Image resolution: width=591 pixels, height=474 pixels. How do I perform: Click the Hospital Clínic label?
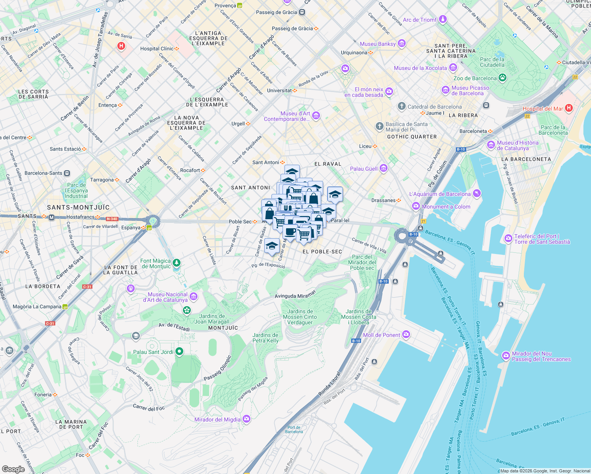[157, 49]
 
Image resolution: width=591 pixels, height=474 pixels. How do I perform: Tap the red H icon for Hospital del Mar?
[568, 108]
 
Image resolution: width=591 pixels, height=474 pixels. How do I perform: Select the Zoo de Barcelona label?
[475, 78]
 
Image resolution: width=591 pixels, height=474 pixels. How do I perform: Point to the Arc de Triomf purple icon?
[443, 19]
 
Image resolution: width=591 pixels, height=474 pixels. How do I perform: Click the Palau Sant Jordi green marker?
[179, 351]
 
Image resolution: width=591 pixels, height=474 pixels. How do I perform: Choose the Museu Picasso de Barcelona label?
[470, 90]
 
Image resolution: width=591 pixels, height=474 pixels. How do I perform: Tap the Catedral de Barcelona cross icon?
[401, 106]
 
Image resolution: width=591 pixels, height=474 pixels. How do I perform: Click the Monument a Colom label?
[446, 207]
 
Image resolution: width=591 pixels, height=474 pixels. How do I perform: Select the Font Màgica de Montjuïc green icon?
[177, 263]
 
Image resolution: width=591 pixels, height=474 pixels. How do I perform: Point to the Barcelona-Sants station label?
[43, 173]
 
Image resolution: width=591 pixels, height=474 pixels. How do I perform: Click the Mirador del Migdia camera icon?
[247, 419]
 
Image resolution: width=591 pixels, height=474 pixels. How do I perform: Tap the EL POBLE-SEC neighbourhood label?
[322, 252]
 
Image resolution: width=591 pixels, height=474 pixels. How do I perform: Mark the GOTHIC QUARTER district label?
[412, 137]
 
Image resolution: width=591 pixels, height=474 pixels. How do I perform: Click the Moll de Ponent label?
[382, 335]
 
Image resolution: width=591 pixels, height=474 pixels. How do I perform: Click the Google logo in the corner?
[13, 469]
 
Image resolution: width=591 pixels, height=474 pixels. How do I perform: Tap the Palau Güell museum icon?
[383, 169]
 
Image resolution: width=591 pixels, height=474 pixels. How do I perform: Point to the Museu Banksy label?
[378, 44]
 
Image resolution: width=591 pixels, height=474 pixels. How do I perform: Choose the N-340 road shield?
[112, 218]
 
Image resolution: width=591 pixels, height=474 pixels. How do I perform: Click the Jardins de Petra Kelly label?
[265, 338]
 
